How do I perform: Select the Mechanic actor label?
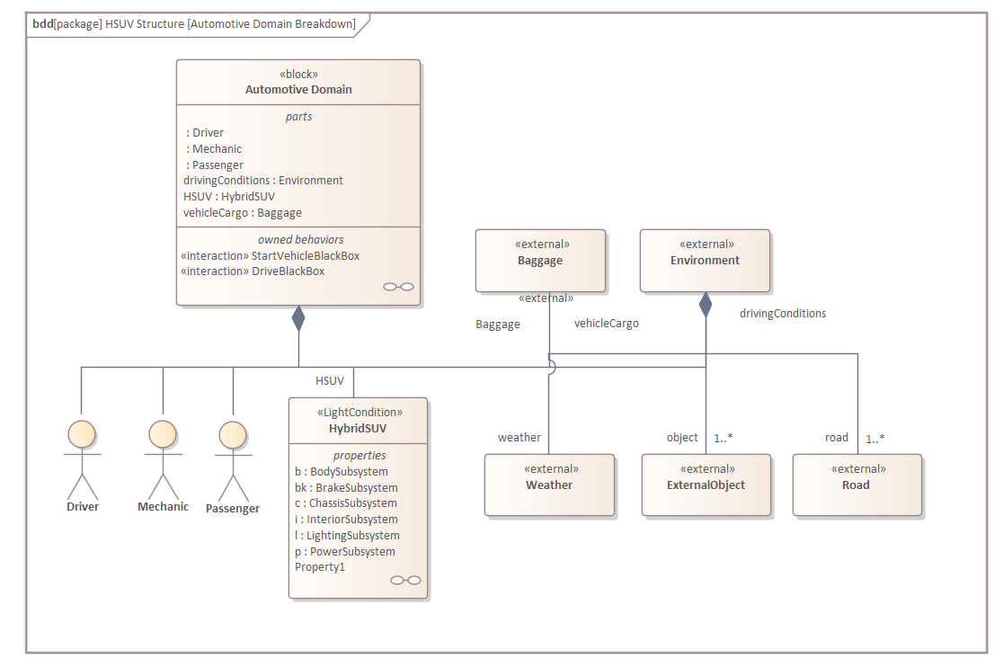pos(163,507)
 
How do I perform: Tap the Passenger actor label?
pos(233,509)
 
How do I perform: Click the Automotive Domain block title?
pos(298,90)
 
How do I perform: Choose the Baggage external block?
pos(540,261)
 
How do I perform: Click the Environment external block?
pos(705,261)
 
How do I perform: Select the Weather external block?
pos(549,485)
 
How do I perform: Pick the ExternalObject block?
pos(706,485)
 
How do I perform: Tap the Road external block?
pos(857,485)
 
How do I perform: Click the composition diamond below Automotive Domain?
pos(298,318)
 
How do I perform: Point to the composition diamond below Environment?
pos(706,305)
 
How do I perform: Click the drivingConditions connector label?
pos(782,314)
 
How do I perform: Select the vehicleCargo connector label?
pos(607,324)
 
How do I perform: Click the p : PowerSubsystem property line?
pos(344,552)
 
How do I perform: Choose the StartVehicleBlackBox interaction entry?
pos(270,255)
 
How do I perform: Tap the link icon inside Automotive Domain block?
pos(398,287)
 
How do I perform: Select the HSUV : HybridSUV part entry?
pos(229,197)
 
